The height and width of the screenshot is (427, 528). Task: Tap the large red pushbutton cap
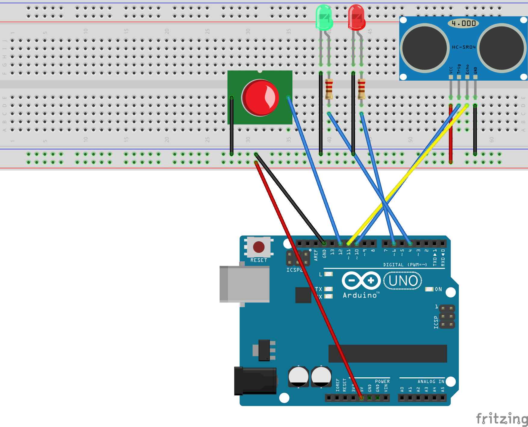[260, 97]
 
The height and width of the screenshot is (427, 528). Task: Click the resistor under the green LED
[329, 89]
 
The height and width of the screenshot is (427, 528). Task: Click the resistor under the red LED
[361, 89]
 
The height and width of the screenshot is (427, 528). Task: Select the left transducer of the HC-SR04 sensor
[425, 48]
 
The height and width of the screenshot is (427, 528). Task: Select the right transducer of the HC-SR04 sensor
[502, 48]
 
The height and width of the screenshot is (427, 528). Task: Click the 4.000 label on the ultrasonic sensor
[463, 23]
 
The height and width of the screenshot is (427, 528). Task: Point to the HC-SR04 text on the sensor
[464, 47]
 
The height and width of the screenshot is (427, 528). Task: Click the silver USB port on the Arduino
[244, 284]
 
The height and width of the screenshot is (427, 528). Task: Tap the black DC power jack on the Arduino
[255, 381]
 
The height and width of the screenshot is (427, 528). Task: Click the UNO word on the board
[403, 281]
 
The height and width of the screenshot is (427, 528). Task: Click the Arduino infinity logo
[361, 281]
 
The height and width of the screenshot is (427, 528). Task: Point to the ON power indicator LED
[429, 289]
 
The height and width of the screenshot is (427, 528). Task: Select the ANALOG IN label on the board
[431, 382]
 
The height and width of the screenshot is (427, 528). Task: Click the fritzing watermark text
[501, 419]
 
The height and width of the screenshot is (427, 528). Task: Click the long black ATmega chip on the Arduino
[388, 354]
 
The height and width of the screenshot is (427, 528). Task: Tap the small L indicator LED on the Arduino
[329, 274]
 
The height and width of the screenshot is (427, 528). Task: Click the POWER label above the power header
[382, 382]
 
